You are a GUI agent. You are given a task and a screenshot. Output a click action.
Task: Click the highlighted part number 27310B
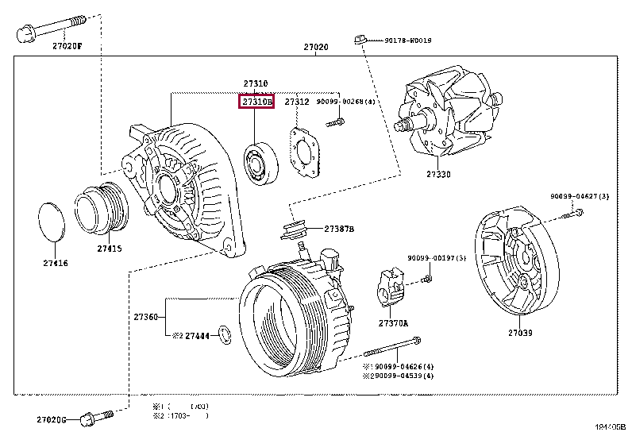(257, 102)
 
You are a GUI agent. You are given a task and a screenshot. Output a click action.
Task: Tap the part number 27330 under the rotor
(437, 173)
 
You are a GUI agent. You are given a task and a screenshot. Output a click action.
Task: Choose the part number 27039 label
(520, 333)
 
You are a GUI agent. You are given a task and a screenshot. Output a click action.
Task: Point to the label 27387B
(339, 230)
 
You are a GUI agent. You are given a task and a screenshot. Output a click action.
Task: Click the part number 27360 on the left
(146, 316)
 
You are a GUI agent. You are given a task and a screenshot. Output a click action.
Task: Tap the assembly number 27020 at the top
(315, 48)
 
